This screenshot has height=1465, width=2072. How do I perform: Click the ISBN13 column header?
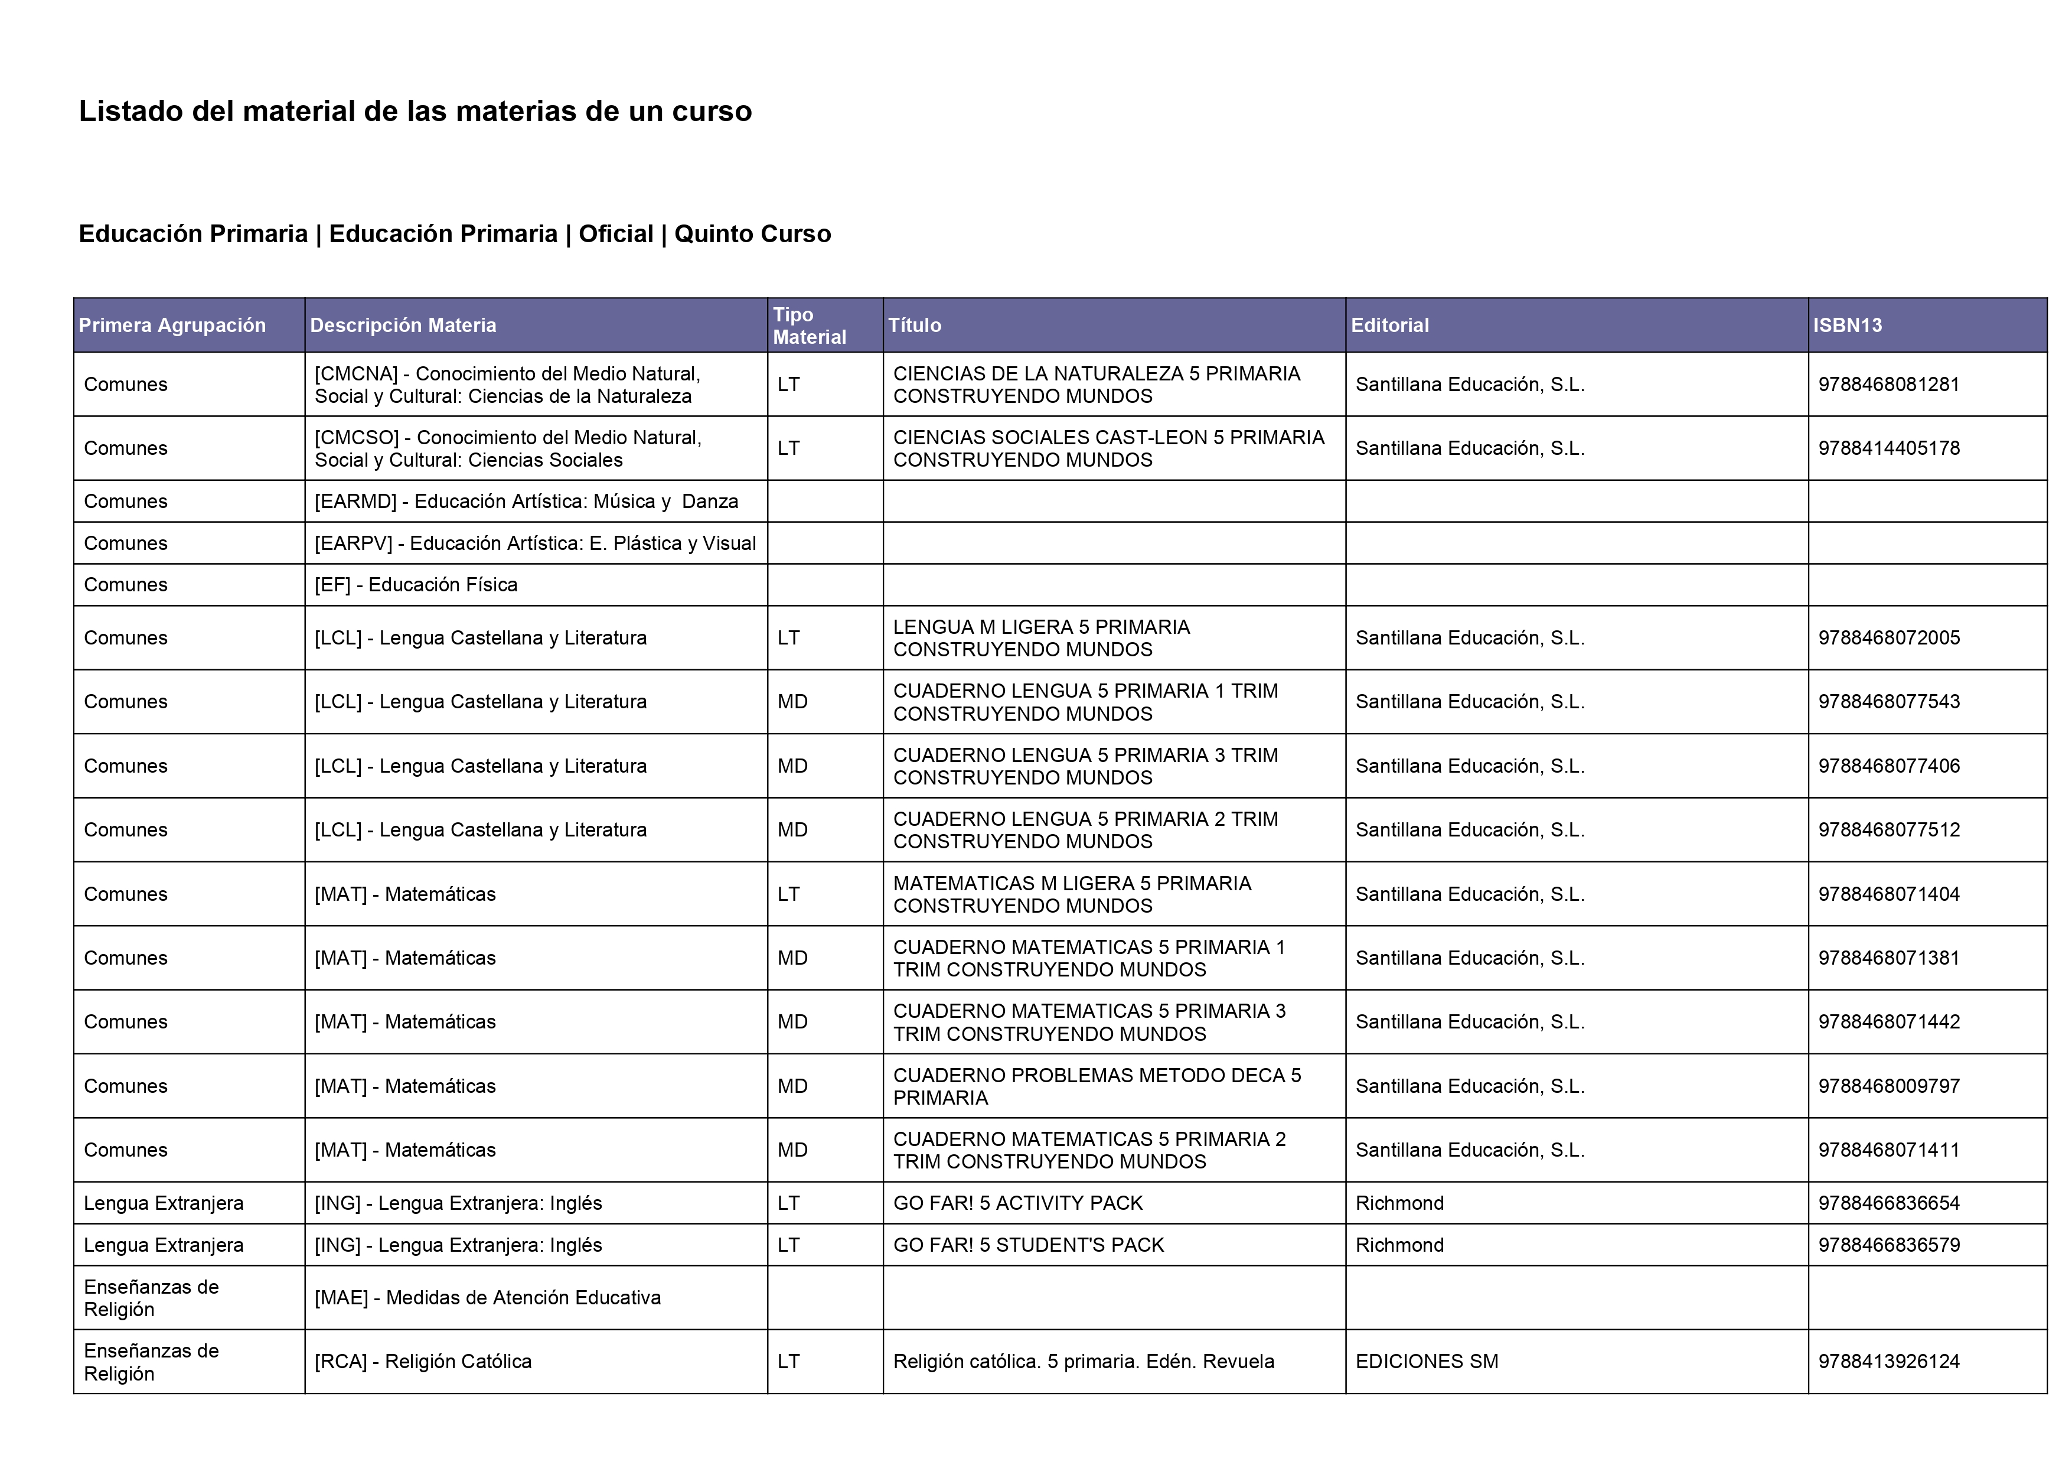(1847, 325)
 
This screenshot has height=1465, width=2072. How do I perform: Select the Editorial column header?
(1390, 325)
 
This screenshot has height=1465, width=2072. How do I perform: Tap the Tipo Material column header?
(810, 325)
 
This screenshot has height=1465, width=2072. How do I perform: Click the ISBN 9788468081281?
(1889, 385)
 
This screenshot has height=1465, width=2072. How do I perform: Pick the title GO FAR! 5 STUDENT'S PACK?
(1028, 1245)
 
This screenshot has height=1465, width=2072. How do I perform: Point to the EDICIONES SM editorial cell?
(1427, 1361)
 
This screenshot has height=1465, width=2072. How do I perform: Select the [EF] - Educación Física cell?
(416, 585)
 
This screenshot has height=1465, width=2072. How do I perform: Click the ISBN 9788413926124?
(1889, 1361)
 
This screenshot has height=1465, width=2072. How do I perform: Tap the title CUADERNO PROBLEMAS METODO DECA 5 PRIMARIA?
(1097, 1086)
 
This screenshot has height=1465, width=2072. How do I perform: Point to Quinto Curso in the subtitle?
(753, 234)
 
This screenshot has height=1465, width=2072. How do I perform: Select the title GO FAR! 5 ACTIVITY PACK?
(1018, 1203)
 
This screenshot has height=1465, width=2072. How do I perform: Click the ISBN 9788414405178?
(1889, 448)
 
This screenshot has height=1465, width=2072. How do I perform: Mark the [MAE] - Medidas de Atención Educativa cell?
(487, 1298)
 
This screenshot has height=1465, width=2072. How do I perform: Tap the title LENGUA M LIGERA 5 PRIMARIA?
(1042, 638)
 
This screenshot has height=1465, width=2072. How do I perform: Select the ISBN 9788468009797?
(1889, 1086)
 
